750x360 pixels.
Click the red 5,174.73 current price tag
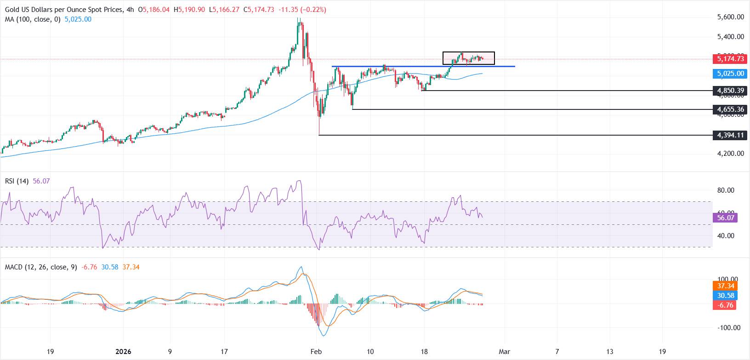click(730, 59)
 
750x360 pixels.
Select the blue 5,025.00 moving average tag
click(730, 74)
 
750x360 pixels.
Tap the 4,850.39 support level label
click(730, 91)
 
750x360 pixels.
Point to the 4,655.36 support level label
click(730, 109)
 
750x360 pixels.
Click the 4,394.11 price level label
click(730, 135)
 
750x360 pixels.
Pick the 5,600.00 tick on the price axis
click(730, 17)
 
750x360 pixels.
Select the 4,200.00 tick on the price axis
click(730, 154)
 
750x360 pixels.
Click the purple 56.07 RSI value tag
click(726, 218)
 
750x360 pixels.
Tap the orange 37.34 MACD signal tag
click(726, 286)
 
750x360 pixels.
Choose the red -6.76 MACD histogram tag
click(726, 305)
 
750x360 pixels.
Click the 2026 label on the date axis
click(123, 352)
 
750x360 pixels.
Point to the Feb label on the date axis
click(316, 352)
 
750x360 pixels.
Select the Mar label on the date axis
click(505, 352)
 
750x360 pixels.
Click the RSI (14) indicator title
click(17, 181)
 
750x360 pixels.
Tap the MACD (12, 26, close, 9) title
click(41, 267)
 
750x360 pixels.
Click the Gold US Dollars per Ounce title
click(63, 10)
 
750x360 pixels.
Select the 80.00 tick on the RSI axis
click(726, 190)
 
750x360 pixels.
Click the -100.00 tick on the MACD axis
click(728, 328)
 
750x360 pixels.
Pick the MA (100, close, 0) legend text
click(33, 19)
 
